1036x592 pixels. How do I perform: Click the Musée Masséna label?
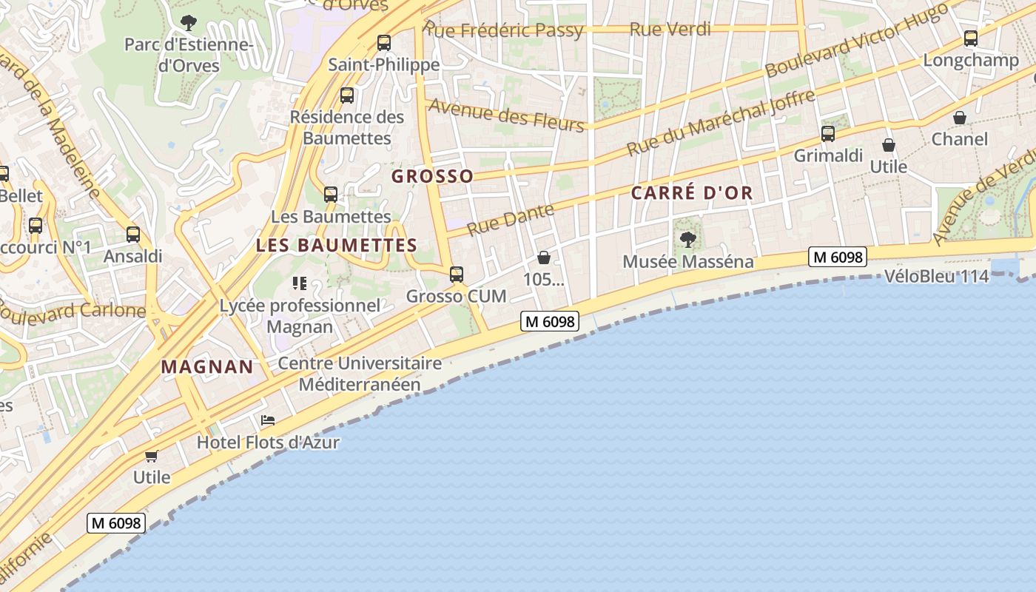tap(688, 261)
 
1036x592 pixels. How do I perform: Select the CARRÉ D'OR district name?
tap(692, 193)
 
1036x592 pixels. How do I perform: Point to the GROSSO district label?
tap(432, 176)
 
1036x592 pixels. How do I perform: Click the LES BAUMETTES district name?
tap(337, 245)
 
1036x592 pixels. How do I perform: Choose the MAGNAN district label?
tap(207, 366)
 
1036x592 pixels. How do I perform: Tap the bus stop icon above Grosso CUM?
tap(457, 275)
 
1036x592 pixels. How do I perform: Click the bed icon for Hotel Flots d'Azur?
tap(268, 421)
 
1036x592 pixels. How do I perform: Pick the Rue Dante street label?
tap(511, 220)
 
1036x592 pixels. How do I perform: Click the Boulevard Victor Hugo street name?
tap(857, 41)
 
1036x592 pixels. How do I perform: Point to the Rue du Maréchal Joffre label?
tap(721, 122)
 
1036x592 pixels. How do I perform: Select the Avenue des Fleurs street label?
tap(506, 115)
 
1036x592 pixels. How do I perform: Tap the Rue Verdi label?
tap(670, 29)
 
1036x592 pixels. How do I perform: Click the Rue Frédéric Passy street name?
tap(503, 30)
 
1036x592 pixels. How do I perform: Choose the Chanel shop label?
tap(960, 139)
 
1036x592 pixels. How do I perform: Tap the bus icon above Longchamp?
tap(971, 38)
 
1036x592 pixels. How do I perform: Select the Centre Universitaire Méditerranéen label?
tap(360, 374)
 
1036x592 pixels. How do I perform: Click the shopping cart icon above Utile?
tap(152, 456)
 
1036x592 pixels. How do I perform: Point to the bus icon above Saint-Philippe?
tap(383, 43)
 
